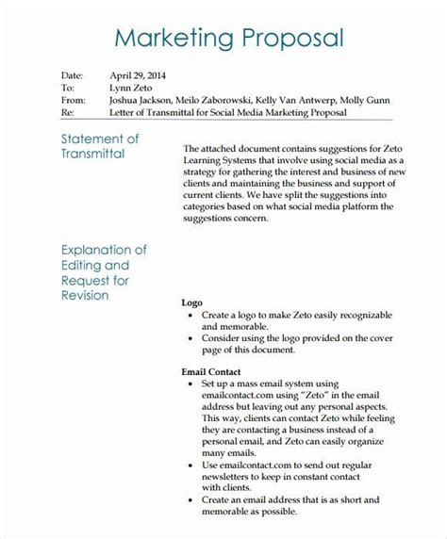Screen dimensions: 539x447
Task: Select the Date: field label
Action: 46,73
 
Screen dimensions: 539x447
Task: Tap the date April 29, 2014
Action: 140,73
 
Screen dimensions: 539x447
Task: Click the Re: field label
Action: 41,113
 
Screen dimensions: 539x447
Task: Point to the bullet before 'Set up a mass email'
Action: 191,359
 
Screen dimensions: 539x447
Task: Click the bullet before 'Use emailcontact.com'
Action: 191,437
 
